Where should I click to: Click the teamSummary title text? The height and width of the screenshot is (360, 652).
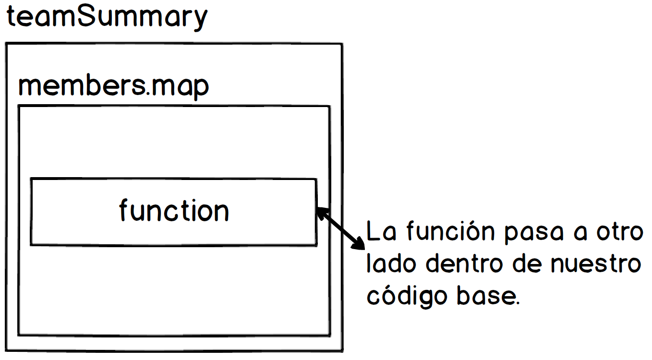coord(107,17)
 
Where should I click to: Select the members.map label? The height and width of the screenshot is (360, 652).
coord(113,87)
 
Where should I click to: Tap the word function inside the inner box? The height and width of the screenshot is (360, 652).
coord(174,211)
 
